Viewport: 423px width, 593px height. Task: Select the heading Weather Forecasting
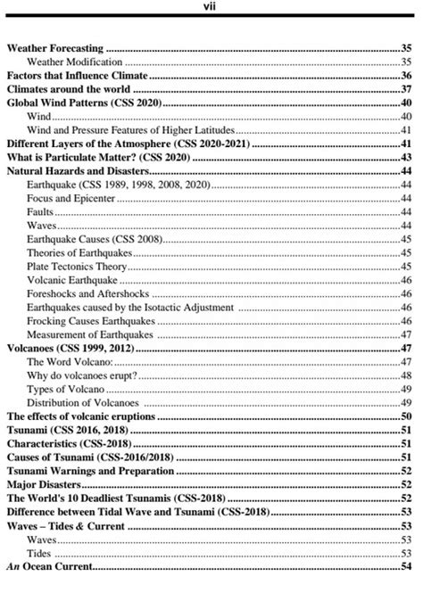click(x=55, y=47)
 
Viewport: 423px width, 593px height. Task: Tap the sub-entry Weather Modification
click(x=75, y=62)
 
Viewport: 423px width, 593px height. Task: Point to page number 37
click(x=405, y=90)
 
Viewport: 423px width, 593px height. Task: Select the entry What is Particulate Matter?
click(x=84, y=157)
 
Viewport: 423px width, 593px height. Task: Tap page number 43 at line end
click(x=405, y=157)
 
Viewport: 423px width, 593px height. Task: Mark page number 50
click(x=405, y=416)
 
